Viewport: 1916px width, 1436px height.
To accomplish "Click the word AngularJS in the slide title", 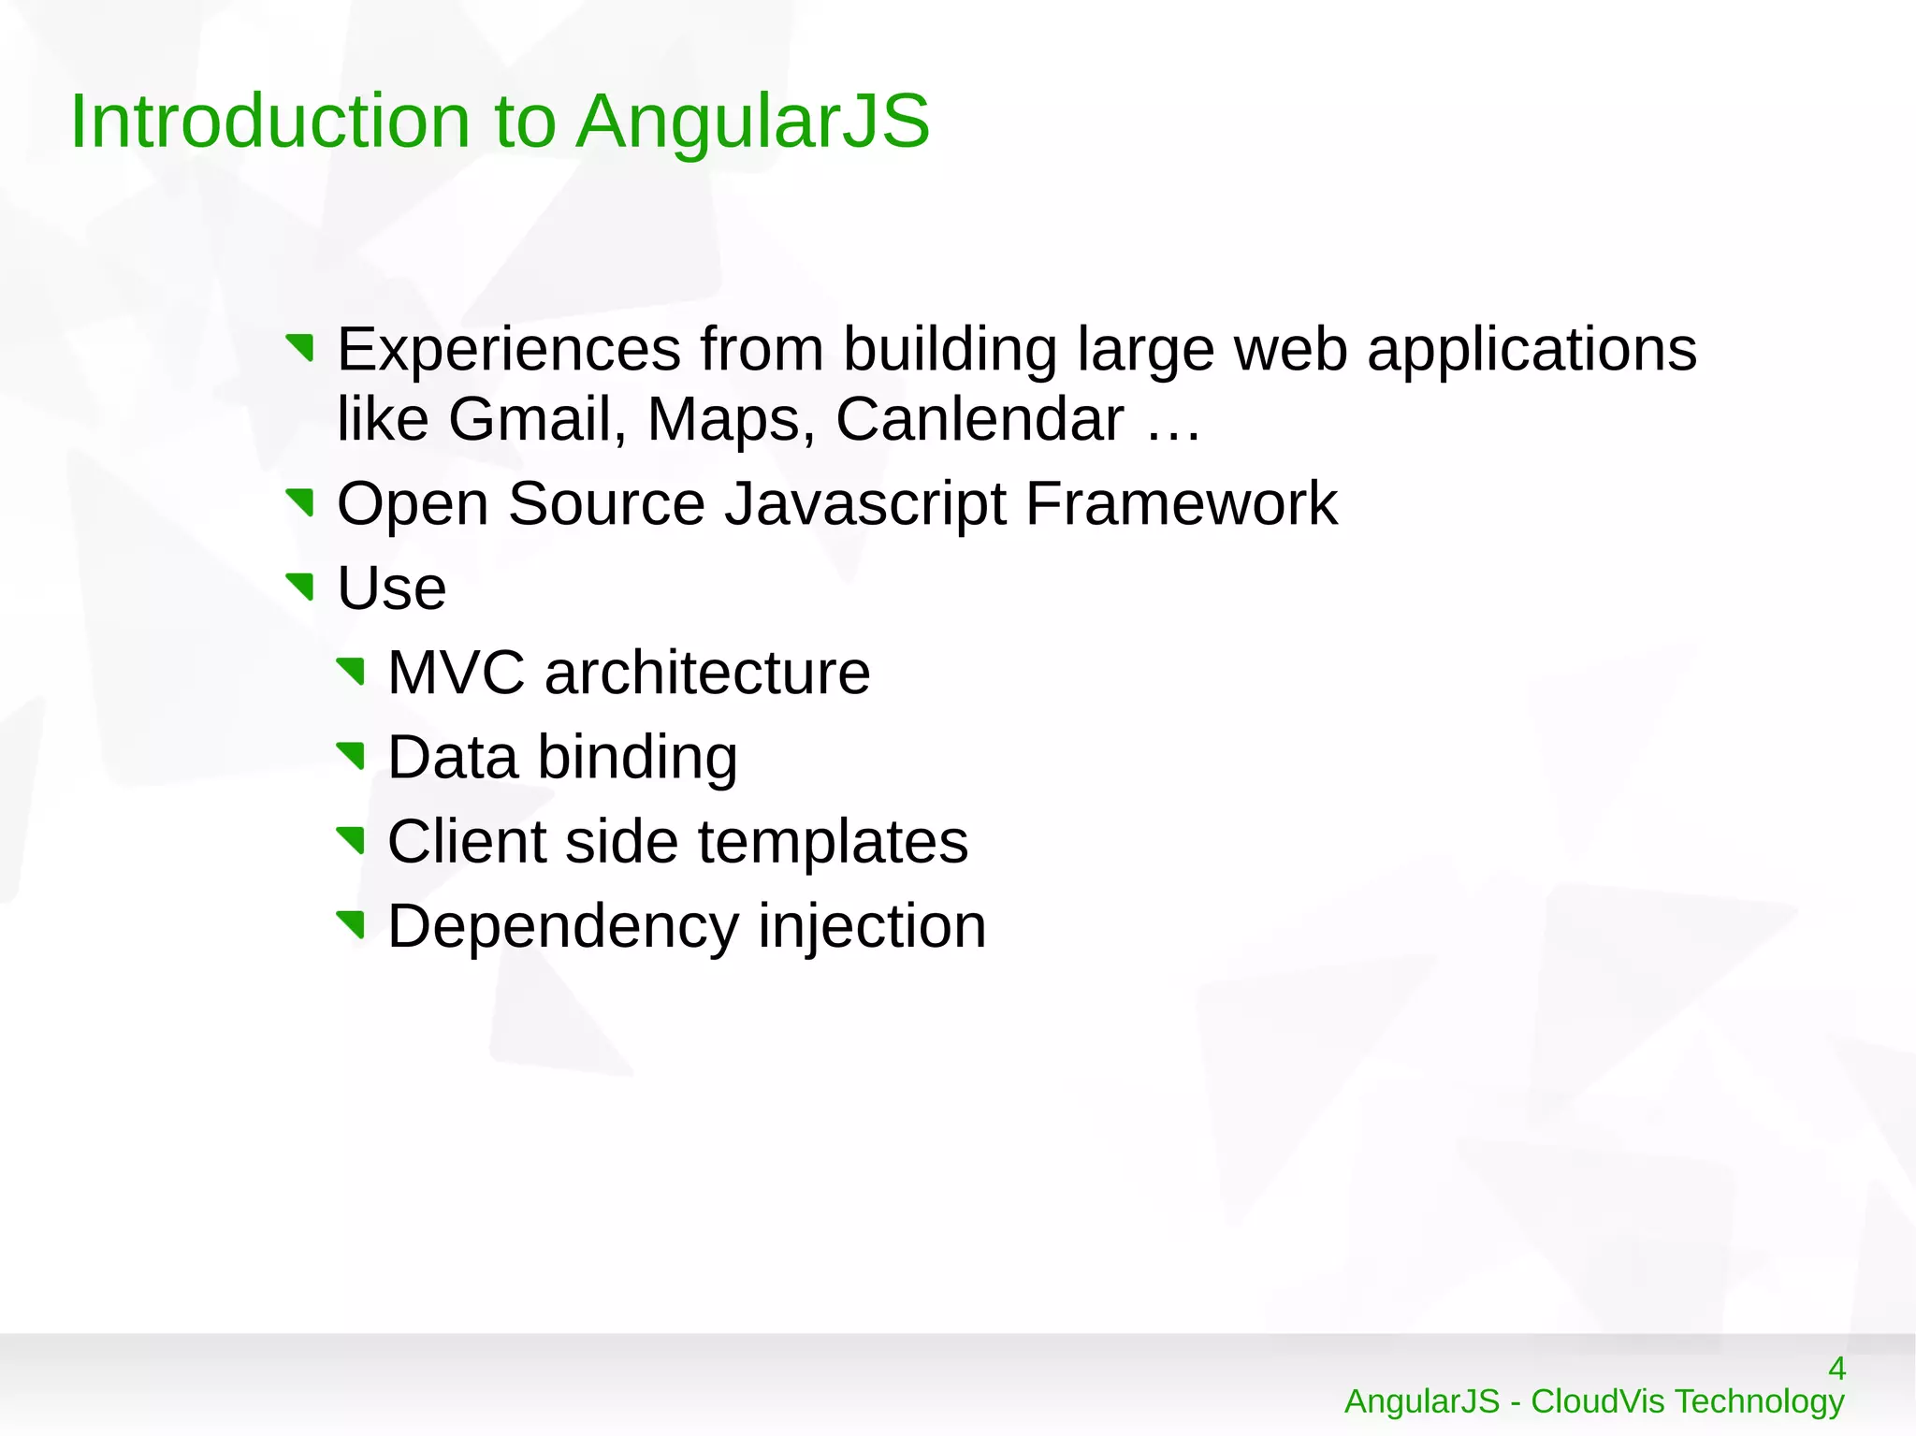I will [752, 122].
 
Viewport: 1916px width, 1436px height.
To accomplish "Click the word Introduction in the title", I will [269, 122].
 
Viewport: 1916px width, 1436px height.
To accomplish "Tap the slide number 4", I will [1836, 1369].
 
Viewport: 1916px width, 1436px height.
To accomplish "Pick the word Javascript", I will [865, 505].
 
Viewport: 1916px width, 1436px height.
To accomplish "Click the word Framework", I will [1181, 503].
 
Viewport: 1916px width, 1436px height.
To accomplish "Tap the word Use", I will [391, 588].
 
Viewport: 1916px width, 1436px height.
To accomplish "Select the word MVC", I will [457, 673].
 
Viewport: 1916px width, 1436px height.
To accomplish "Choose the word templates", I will [833, 843].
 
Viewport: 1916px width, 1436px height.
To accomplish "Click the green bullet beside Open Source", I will [300, 503].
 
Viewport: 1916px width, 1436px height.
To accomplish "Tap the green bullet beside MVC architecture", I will [351, 672].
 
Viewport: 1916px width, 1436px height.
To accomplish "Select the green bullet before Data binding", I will [351, 756].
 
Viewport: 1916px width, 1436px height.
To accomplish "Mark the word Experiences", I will [509, 350].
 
